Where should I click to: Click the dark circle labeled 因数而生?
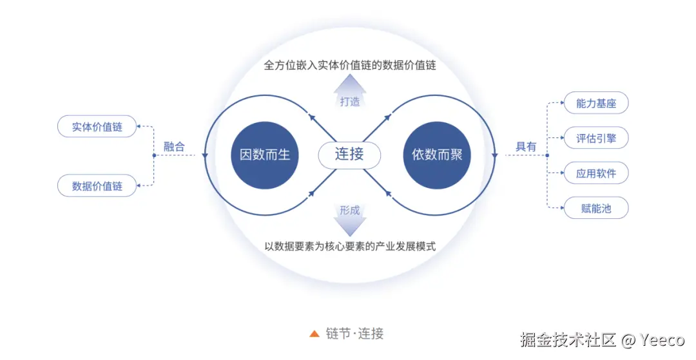coord(265,155)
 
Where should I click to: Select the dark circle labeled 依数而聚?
coord(437,155)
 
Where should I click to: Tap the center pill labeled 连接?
coord(350,155)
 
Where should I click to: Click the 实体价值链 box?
coord(97,127)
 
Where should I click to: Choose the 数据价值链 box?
coord(97,186)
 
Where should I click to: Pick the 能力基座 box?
coord(596,103)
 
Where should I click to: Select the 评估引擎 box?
coord(596,138)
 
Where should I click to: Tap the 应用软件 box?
coord(596,173)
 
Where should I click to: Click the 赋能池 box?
coord(596,208)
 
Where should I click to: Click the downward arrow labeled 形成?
coord(350,218)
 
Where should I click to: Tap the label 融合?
coord(174,147)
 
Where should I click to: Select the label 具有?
coord(526,147)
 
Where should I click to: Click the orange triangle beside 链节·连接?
coord(314,334)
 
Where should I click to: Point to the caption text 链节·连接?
coord(355,334)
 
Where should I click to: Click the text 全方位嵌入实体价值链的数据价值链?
coord(350,66)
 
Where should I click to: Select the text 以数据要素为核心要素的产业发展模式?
coord(350,246)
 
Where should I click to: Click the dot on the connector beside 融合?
coord(154,156)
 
